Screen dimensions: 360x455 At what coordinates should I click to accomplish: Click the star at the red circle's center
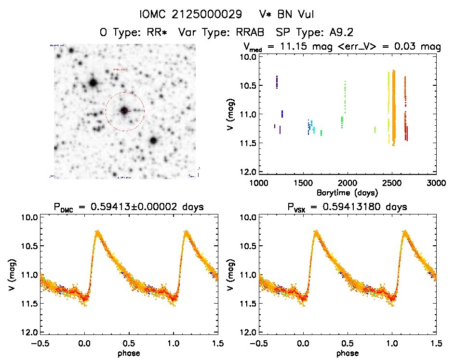coord(124,111)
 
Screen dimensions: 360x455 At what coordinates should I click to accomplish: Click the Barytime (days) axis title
coord(347,192)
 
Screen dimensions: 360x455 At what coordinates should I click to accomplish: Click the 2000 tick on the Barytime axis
coord(348,183)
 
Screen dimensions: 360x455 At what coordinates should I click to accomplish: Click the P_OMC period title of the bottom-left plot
coord(129,207)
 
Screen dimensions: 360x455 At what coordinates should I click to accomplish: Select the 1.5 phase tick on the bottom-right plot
coord(436,344)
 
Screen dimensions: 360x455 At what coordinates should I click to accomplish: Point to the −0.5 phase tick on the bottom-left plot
coord(40,344)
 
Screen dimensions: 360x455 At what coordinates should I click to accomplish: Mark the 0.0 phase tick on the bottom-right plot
coord(303,344)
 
